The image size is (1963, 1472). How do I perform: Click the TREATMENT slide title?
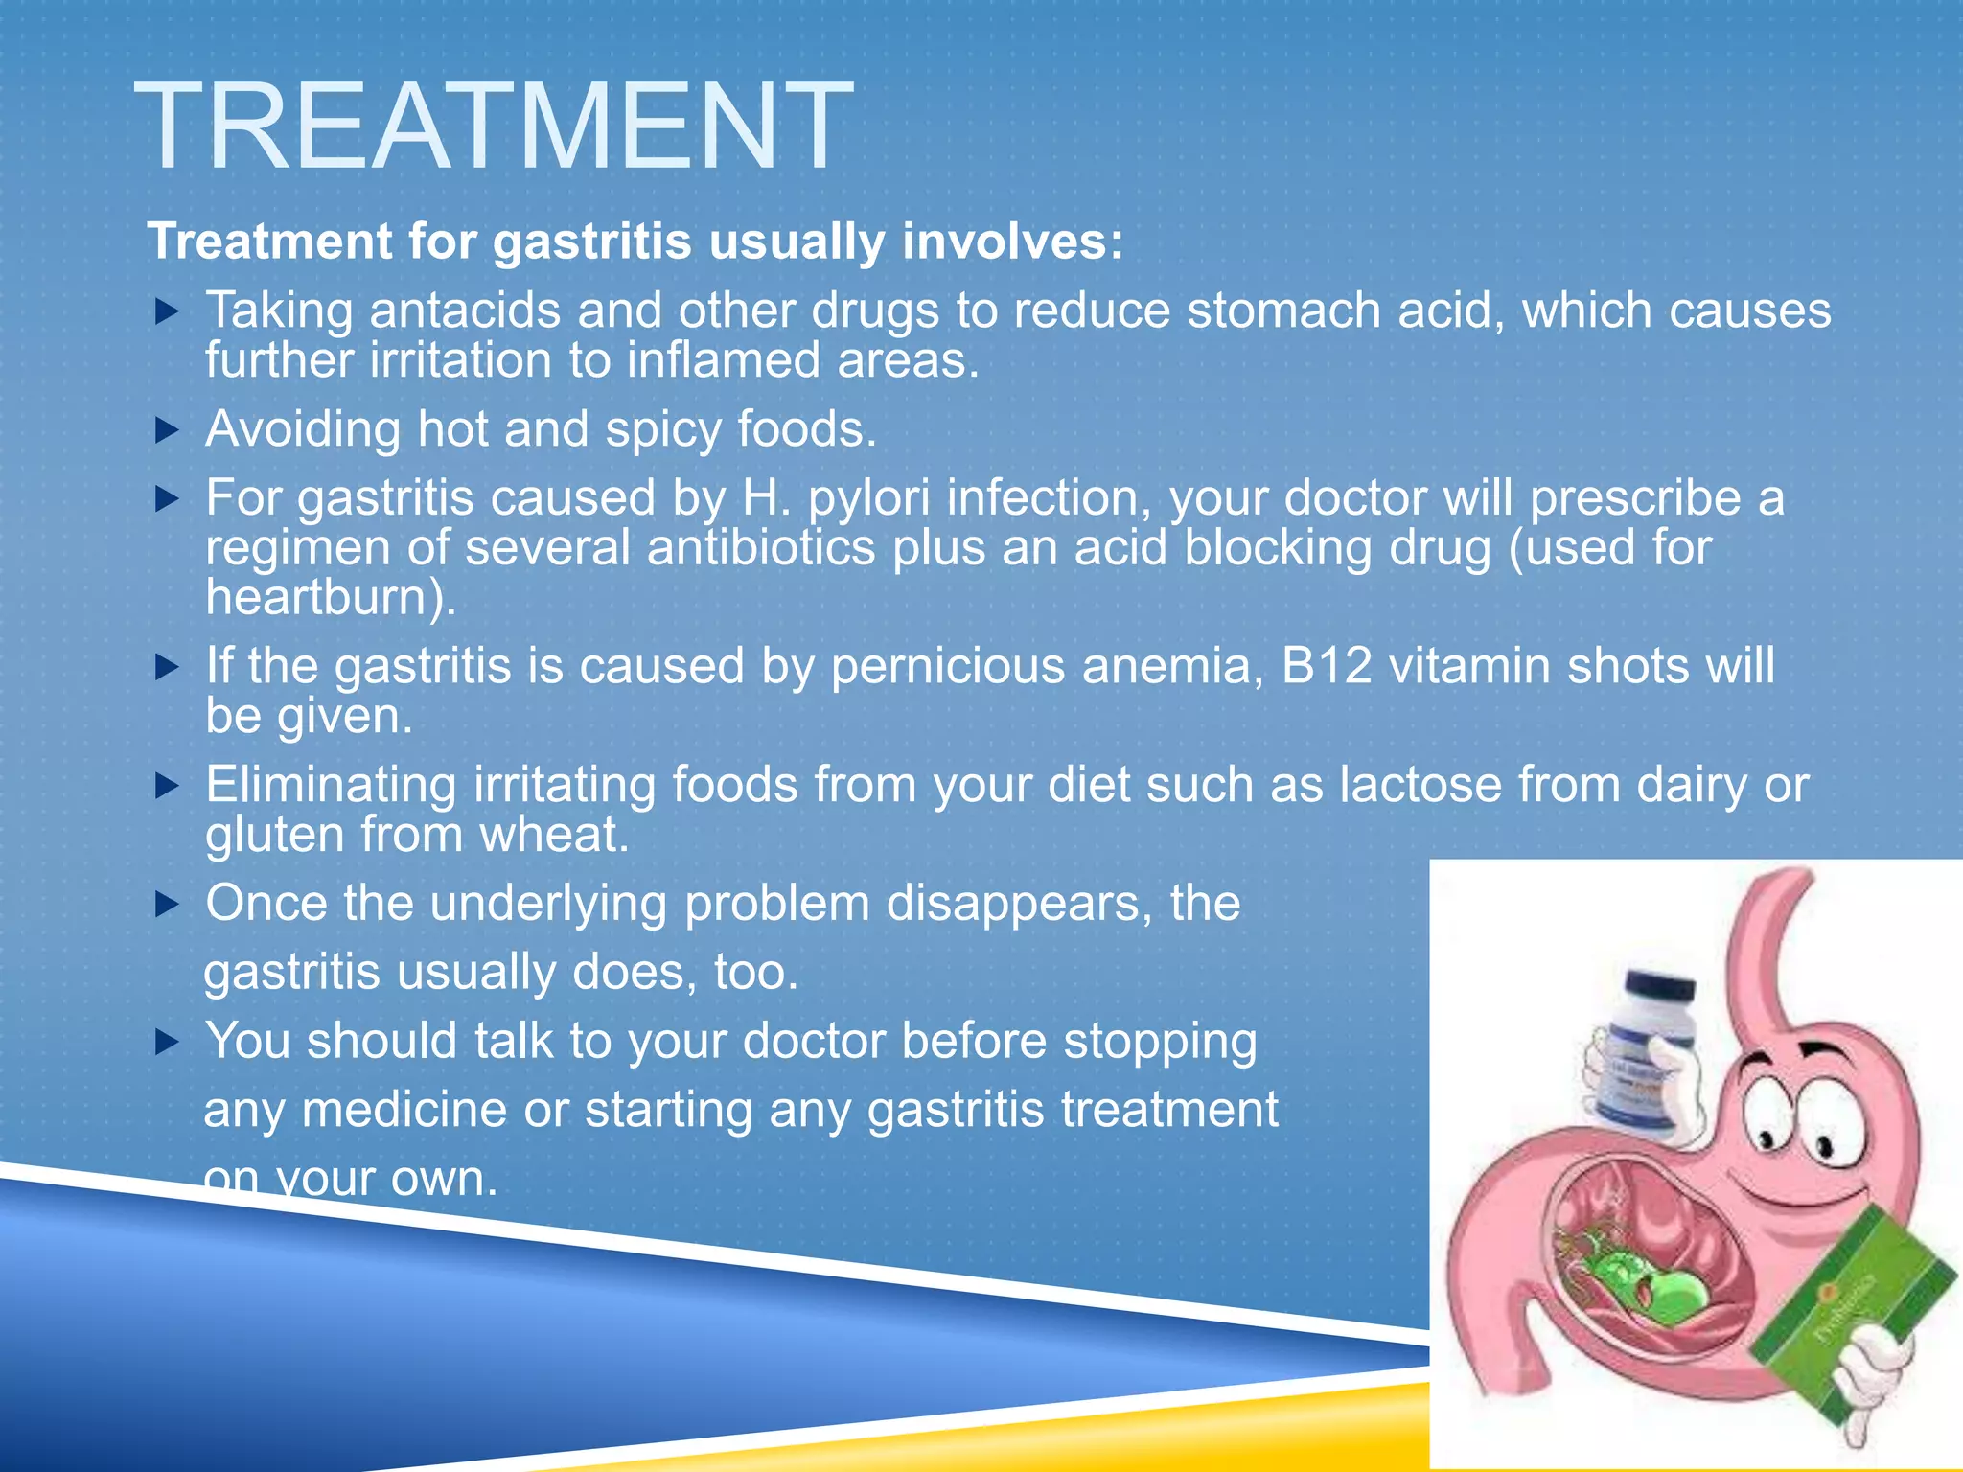(x=493, y=126)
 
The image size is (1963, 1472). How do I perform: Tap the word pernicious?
(x=947, y=666)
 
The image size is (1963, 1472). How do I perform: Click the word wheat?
(x=552, y=835)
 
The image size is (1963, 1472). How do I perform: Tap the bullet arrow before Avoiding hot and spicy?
(x=167, y=429)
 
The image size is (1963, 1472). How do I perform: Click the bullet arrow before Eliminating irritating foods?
(x=167, y=786)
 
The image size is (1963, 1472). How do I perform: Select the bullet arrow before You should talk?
(x=167, y=1042)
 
